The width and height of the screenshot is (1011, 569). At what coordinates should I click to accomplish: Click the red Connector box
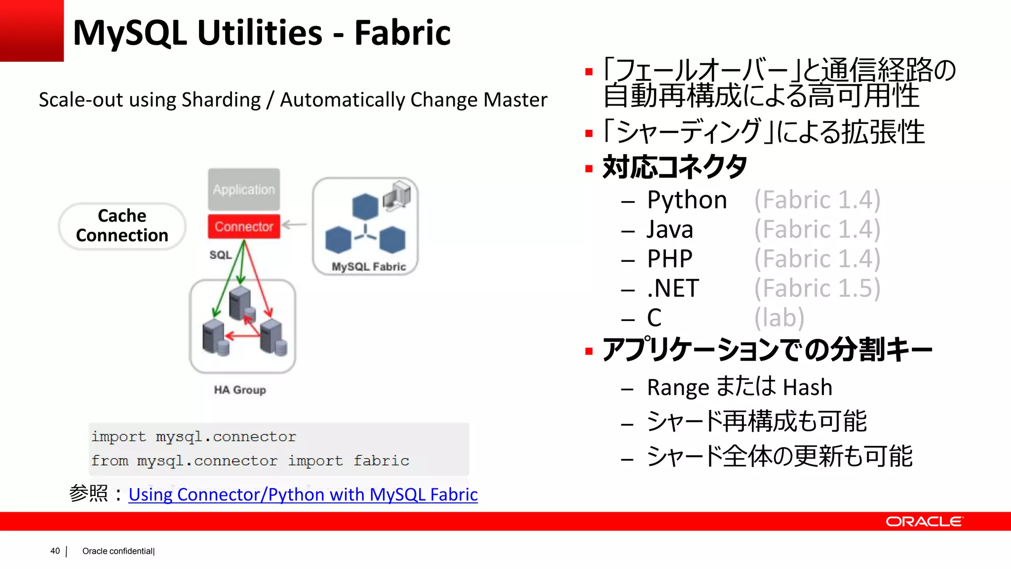pyautogui.click(x=244, y=227)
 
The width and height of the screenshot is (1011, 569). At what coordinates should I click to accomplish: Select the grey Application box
pyautogui.click(x=244, y=190)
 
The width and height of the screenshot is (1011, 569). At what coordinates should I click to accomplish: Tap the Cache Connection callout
pyautogui.click(x=122, y=226)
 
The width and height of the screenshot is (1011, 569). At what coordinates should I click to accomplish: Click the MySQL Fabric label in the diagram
pyautogui.click(x=369, y=267)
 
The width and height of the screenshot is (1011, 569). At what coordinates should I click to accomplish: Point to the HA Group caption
pyautogui.click(x=240, y=390)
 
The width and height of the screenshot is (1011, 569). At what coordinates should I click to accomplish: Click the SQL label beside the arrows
pyautogui.click(x=220, y=255)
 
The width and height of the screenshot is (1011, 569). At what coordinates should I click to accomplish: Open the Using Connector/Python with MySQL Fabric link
pyautogui.click(x=303, y=494)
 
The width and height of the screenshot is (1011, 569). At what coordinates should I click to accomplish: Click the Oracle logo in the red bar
pyautogui.click(x=924, y=522)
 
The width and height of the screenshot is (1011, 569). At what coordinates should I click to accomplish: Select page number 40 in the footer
pyautogui.click(x=55, y=551)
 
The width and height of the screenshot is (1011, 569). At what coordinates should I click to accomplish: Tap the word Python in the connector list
pyautogui.click(x=687, y=200)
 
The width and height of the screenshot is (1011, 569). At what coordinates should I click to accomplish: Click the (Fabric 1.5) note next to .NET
pyautogui.click(x=817, y=288)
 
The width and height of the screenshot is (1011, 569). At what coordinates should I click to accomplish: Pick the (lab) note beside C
pyautogui.click(x=779, y=318)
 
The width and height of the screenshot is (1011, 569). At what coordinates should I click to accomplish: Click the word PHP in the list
pyautogui.click(x=669, y=259)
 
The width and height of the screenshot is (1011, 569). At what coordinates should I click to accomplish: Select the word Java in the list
pyautogui.click(x=670, y=230)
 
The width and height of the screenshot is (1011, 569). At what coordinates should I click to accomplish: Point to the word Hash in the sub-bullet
pyautogui.click(x=807, y=387)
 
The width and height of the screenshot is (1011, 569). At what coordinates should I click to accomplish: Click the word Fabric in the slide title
pyautogui.click(x=402, y=33)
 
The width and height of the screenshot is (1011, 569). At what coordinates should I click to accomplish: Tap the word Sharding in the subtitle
pyautogui.click(x=221, y=100)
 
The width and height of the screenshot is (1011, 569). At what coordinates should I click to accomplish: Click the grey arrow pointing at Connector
pyautogui.click(x=294, y=225)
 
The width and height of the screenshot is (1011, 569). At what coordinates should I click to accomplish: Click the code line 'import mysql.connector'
pyautogui.click(x=194, y=437)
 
